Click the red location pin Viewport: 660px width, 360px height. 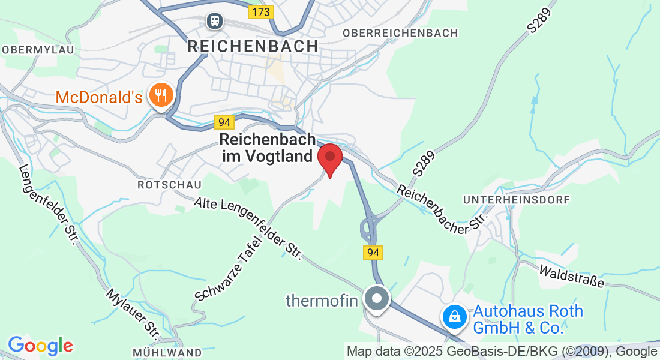(329, 158)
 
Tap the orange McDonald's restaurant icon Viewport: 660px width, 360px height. (160, 95)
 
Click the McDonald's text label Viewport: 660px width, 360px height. (99, 97)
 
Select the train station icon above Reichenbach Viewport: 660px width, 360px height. (214, 22)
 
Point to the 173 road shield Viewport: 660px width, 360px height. (261, 11)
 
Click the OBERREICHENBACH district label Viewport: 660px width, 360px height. (400, 33)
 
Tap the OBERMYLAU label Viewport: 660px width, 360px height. (38, 50)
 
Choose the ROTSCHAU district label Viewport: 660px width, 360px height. (169, 185)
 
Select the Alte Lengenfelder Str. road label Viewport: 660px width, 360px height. (247, 229)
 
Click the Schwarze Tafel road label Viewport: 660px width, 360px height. (230, 268)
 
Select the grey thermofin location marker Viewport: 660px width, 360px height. (378, 298)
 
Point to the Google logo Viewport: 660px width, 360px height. (40, 346)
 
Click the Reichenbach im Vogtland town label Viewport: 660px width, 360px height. (268, 148)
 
